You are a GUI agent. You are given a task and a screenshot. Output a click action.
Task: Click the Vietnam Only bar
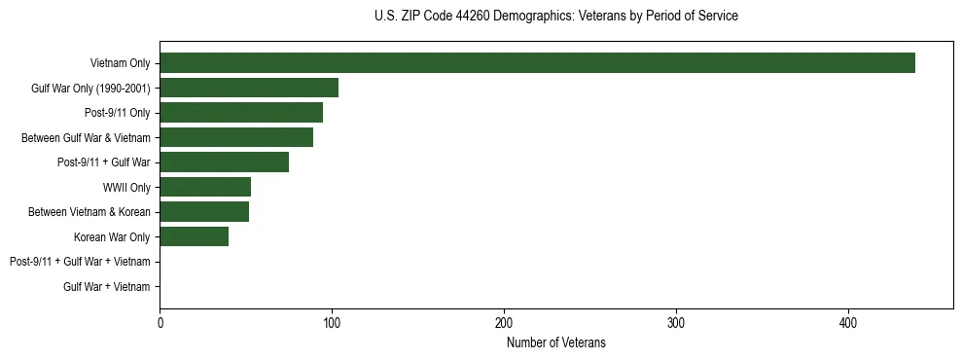click(x=537, y=63)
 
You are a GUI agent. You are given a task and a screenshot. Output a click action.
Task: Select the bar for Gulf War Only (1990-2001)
click(x=249, y=88)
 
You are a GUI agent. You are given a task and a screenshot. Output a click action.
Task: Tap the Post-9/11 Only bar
click(x=241, y=113)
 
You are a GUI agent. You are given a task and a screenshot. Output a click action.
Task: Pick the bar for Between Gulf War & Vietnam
click(x=236, y=137)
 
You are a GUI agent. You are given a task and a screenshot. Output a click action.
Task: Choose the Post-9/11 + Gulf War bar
click(x=224, y=162)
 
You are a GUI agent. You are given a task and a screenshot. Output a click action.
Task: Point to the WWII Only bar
click(x=205, y=187)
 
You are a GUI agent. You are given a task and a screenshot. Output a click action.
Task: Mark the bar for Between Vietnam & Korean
click(x=204, y=212)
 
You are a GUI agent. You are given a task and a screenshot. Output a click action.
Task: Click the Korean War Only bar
click(x=195, y=236)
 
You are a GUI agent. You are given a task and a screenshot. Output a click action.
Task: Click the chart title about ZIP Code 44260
click(x=555, y=17)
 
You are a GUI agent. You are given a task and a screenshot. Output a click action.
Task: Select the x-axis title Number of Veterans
click(x=555, y=342)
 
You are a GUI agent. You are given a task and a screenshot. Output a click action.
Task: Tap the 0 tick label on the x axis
click(x=160, y=323)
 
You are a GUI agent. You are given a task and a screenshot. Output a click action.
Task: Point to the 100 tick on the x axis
click(x=332, y=323)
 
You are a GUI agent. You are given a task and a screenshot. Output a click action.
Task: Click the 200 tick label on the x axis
click(x=504, y=323)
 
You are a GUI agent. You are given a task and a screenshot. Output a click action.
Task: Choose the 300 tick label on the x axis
click(x=676, y=323)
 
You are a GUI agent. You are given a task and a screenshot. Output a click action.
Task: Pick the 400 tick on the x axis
click(x=848, y=323)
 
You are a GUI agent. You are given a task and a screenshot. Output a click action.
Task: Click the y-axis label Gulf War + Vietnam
click(x=107, y=287)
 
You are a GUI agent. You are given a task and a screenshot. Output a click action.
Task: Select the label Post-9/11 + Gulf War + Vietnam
click(x=80, y=262)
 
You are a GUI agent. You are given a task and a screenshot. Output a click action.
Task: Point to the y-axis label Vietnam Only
click(x=120, y=63)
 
